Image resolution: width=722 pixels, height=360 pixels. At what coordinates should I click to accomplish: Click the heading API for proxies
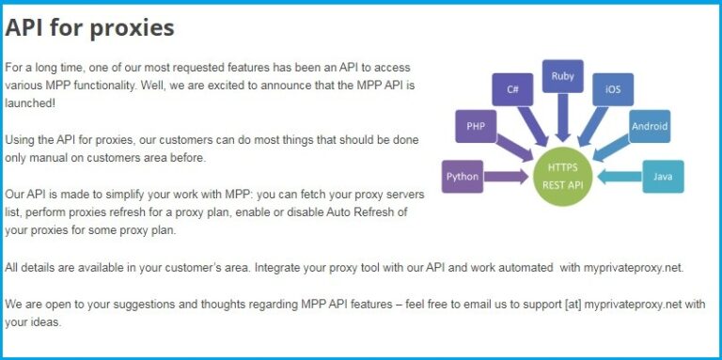(90, 28)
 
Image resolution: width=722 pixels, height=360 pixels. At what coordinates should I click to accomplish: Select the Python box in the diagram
(462, 176)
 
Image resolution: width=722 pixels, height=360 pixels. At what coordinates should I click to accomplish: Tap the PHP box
(476, 124)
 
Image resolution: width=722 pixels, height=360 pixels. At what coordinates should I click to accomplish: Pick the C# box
(513, 90)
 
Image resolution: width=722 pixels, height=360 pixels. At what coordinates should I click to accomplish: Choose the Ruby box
(562, 75)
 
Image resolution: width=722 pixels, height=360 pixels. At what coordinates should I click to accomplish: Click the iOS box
(612, 90)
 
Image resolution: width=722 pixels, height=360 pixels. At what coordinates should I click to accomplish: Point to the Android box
(650, 125)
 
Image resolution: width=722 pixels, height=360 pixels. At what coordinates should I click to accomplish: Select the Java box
(662, 176)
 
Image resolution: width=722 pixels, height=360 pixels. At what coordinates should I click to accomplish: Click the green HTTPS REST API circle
(562, 176)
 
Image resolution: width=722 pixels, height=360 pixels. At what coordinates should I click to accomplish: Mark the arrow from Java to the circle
(618, 176)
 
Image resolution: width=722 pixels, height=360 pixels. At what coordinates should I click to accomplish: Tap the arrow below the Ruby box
(562, 117)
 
